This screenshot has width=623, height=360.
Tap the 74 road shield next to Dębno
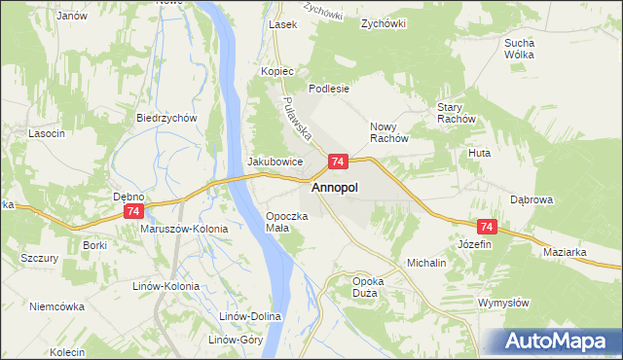[x=134, y=211]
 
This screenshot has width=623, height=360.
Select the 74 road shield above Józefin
[x=488, y=227]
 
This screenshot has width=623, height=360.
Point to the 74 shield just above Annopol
[x=338, y=162]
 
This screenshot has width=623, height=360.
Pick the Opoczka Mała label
[x=287, y=221]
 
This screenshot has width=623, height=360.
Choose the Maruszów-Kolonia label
[x=184, y=229]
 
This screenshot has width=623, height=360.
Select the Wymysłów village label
[x=503, y=303]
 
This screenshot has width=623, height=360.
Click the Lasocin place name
[x=47, y=132]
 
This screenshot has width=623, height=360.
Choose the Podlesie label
[x=329, y=88]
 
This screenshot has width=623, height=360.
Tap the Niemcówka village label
[x=56, y=306]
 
